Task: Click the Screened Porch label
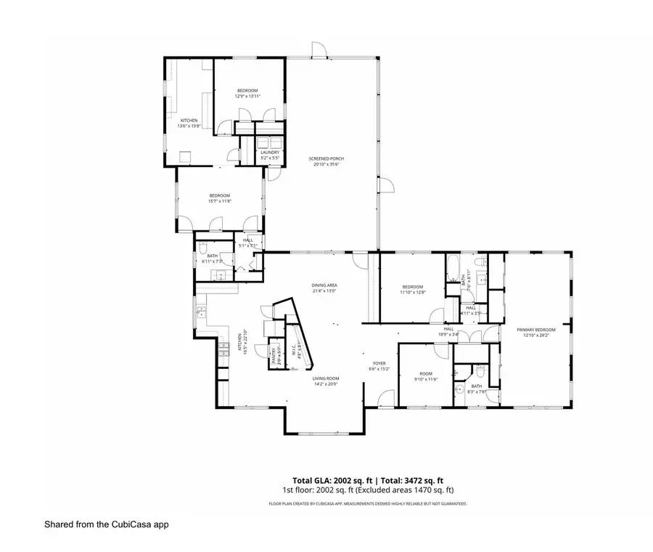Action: [x=326, y=161]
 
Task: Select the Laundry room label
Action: [x=260, y=155]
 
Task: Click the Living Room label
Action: [x=326, y=381]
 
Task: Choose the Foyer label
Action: [x=379, y=365]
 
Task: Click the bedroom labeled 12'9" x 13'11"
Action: [x=247, y=93]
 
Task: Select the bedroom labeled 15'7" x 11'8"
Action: [x=220, y=198]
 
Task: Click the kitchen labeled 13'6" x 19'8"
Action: [x=189, y=123]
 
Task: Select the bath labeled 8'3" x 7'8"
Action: [x=476, y=389]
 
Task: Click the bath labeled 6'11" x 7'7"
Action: [x=213, y=258]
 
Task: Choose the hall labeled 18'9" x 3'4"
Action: [x=449, y=331]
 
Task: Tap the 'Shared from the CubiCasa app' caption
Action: [x=106, y=524]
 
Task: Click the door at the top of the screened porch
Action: [x=318, y=51]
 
